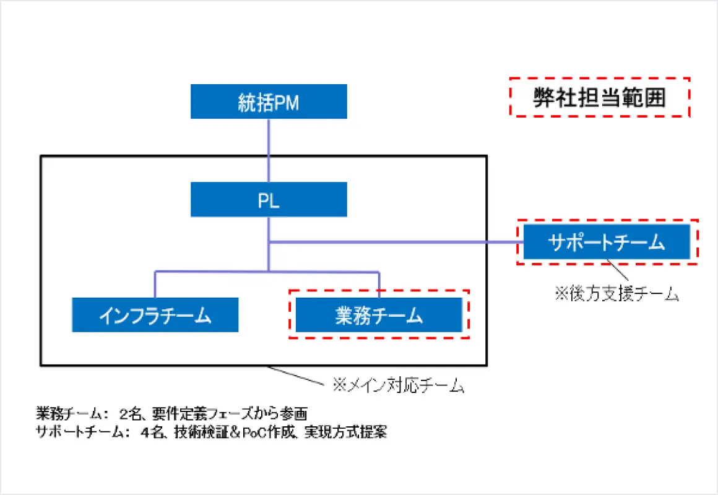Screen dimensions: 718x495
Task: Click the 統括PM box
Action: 269,101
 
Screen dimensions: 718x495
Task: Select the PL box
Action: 269,200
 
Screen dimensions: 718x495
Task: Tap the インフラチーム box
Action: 155,315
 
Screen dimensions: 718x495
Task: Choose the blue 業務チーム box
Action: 379,315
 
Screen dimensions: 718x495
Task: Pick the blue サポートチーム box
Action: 607,242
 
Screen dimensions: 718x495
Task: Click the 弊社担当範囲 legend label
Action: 600,98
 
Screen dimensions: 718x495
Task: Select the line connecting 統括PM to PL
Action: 269,150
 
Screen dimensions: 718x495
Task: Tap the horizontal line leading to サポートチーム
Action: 396,242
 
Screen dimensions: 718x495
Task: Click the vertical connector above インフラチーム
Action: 155,285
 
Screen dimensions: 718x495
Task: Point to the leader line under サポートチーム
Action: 618,270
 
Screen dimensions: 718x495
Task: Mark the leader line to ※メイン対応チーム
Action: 296,376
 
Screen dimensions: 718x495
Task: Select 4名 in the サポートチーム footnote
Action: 152,432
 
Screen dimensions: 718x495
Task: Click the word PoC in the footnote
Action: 255,433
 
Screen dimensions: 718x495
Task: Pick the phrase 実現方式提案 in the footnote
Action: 346,432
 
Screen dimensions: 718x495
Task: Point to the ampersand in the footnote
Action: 235,433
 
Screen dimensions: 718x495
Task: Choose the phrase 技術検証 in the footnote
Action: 201,432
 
